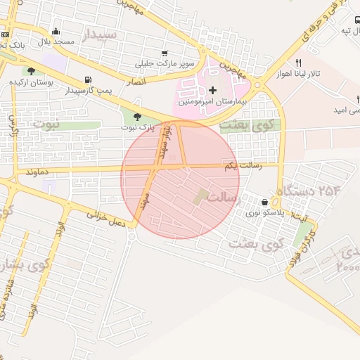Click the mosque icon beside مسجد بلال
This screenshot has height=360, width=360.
click(x=56, y=31)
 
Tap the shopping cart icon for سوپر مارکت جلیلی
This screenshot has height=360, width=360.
click(x=164, y=53)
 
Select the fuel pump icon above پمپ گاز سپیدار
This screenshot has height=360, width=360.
click(x=88, y=79)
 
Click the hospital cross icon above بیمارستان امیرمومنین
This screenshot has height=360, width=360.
click(x=213, y=89)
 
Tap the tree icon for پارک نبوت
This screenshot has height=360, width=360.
click(x=137, y=116)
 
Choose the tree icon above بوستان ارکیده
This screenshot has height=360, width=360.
click(x=31, y=70)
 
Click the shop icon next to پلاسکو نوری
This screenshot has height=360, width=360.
click(x=264, y=202)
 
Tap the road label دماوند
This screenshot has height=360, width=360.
click(x=36, y=172)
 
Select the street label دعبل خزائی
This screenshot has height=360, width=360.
click(x=105, y=217)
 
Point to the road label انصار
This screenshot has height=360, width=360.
click(x=135, y=82)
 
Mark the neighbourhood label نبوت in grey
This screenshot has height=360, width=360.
click(x=46, y=124)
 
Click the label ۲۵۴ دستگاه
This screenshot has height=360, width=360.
click(x=304, y=191)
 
